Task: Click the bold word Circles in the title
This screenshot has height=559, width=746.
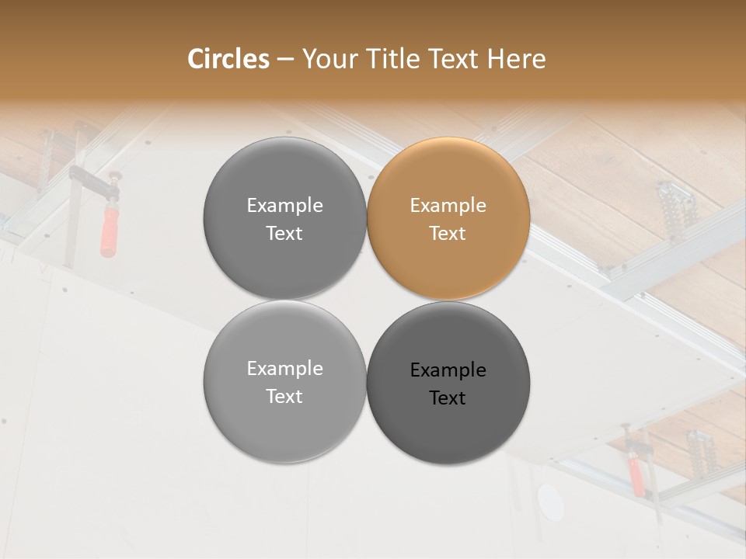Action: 228,59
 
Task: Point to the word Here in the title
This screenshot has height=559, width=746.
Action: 517,59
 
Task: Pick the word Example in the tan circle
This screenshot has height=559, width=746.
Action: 448,206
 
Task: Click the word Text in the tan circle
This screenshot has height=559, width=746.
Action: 448,234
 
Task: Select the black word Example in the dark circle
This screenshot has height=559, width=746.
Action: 448,370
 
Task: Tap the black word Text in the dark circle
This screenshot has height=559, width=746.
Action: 448,398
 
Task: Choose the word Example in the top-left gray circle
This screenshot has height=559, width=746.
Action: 284,206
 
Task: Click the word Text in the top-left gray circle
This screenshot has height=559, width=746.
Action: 284,234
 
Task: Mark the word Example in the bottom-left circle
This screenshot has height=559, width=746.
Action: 284,369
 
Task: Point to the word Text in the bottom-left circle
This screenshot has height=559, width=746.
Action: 284,397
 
